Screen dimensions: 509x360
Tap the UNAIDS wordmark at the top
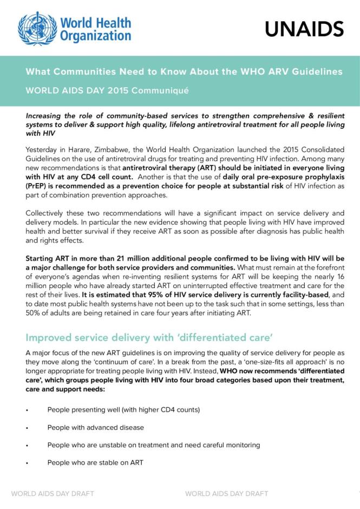point(304,29)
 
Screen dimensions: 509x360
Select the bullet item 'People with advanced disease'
point(95,427)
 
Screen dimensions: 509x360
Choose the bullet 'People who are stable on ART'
point(95,462)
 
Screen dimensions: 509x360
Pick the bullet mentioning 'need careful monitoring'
point(154,445)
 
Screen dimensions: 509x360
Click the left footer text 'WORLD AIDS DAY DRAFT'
point(53,493)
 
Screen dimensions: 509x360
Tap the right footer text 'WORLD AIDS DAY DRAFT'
point(226,493)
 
